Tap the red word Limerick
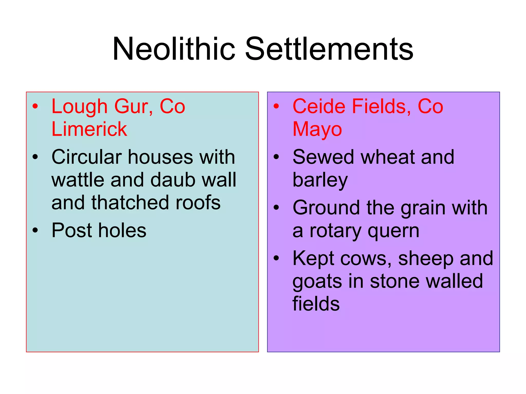(89, 129)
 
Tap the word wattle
(78, 180)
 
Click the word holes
(122, 230)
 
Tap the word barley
(320, 180)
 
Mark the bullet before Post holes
(35, 230)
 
